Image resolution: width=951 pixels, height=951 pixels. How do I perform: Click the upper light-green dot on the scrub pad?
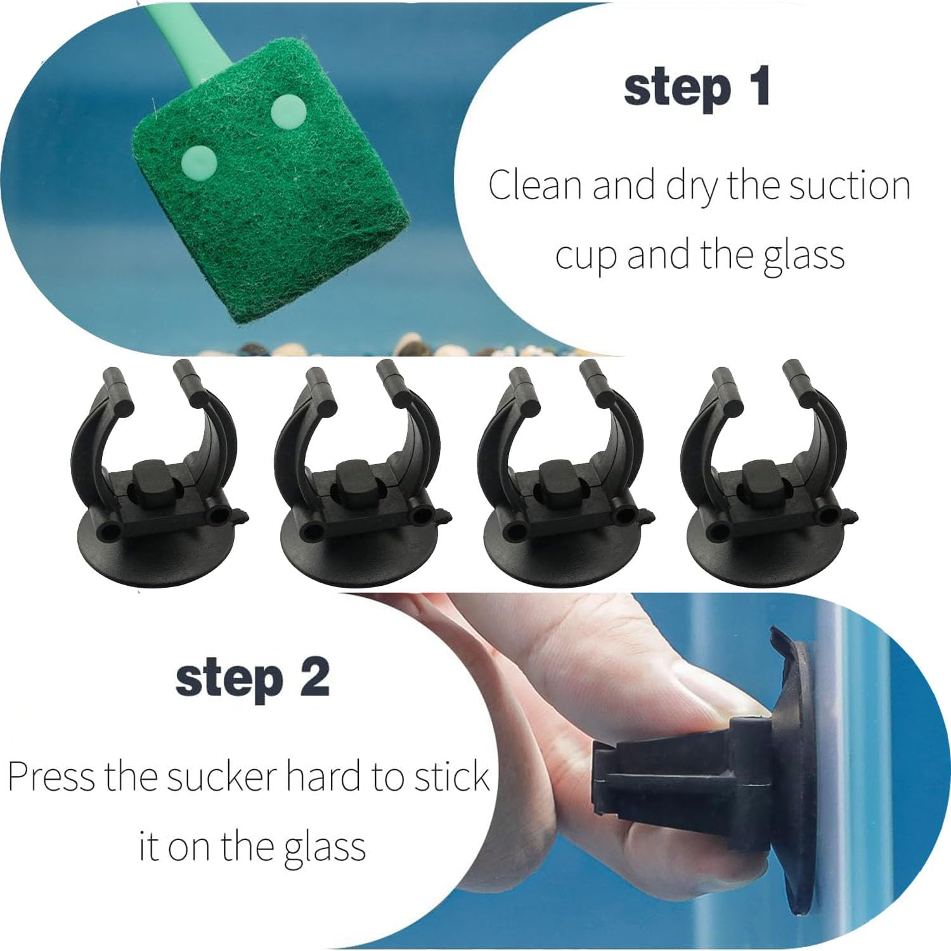pos(288,112)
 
